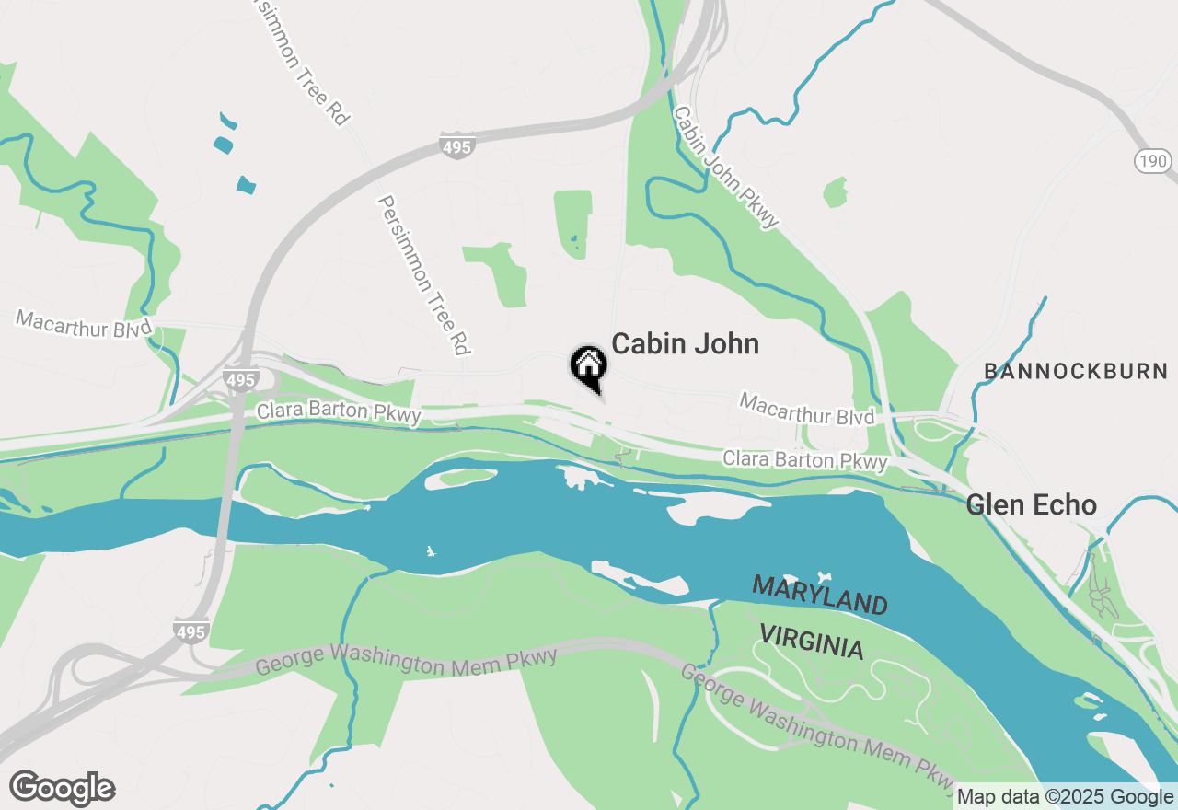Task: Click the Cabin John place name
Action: (685, 344)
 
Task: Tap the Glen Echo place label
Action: (1031, 505)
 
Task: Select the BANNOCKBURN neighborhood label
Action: (1075, 372)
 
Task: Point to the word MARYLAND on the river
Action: (820, 596)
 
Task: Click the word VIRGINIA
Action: (812, 641)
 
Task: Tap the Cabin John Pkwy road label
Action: (726, 168)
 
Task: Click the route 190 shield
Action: (1152, 162)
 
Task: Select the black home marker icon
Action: (588, 366)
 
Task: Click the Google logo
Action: (62, 789)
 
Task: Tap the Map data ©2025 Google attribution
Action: (1064, 797)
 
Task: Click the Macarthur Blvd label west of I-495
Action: (84, 324)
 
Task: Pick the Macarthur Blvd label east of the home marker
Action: (806, 410)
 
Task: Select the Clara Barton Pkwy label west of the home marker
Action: (339, 413)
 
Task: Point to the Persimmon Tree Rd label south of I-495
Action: (424, 274)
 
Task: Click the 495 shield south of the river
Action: (191, 631)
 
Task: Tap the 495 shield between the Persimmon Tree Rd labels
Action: (457, 145)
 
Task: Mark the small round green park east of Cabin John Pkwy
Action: (835, 192)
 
